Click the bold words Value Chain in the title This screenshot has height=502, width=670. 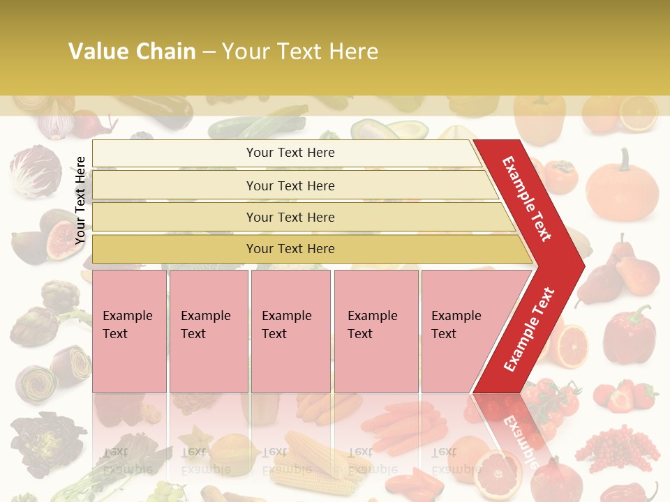tap(132, 52)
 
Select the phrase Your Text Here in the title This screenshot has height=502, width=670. tap(300, 52)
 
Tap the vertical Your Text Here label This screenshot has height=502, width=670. tap(80, 200)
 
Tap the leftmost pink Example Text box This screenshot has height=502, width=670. tap(129, 331)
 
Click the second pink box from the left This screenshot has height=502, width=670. tap(209, 331)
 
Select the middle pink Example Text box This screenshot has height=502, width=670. tap(290, 331)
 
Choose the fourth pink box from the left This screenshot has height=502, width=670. tap(376, 331)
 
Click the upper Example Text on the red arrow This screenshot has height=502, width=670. tap(527, 199)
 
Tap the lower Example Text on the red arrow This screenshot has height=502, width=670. tap(529, 329)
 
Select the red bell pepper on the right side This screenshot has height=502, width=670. tap(629, 328)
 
